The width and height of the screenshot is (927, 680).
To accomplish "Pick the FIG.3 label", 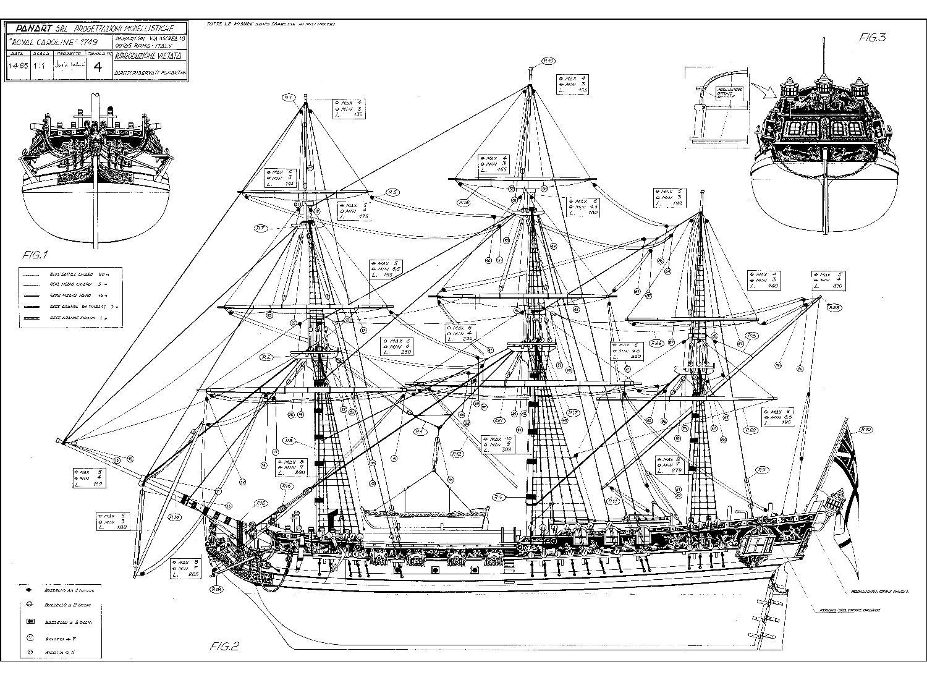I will point(873,37).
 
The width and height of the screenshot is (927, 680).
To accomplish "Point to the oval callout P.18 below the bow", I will point(217,589).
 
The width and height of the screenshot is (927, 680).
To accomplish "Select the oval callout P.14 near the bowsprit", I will point(174,517).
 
